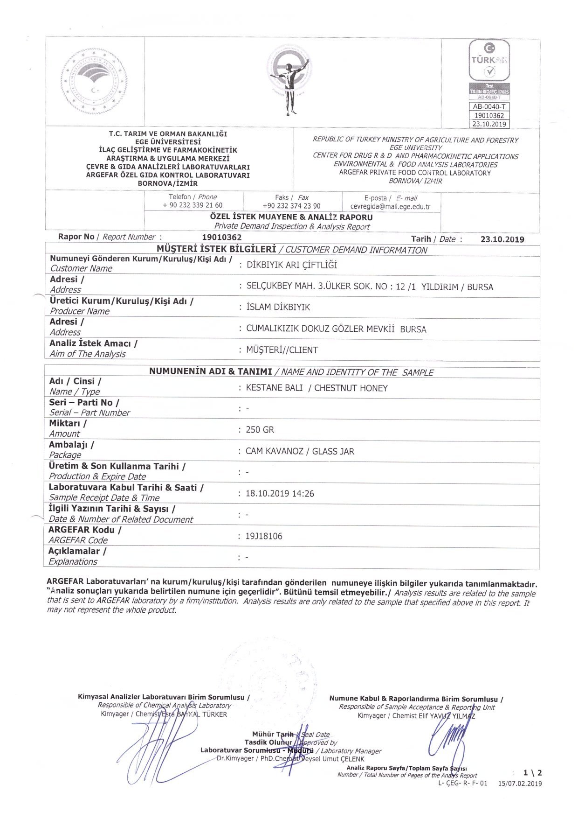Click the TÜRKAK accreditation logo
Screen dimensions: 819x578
[x=489, y=61]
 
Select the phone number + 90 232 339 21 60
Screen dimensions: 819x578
[x=193, y=205]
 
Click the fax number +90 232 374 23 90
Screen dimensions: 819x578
[x=291, y=206]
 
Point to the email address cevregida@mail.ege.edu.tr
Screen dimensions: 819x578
[x=390, y=206]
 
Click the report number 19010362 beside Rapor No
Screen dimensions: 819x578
[x=222, y=238]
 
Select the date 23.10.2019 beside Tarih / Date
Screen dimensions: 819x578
[x=502, y=239]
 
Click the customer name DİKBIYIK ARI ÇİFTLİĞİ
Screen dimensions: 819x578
[x=291, y=265]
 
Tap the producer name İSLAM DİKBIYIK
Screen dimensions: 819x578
[x=278, y=307]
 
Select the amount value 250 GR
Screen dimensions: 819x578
[x=260, y=430]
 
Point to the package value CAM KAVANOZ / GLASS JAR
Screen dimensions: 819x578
[x=300, y=451]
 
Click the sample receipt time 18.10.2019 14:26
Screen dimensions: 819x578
[x=280, y=494]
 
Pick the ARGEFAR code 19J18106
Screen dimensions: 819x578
[x=264, y=536]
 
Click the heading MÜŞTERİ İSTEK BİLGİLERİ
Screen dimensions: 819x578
[x=216, y=249]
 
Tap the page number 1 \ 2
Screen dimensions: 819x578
[x=532, y=773]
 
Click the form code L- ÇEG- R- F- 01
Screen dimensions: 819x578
[x=462, y=784]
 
